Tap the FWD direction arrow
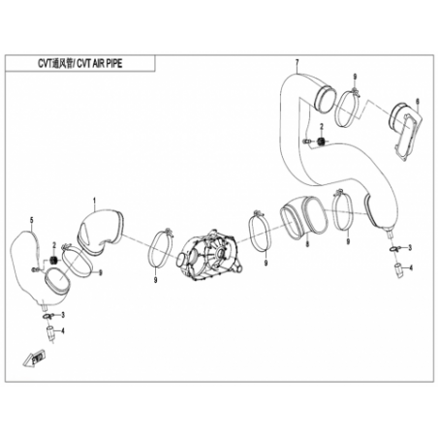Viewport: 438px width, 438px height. (33, 359)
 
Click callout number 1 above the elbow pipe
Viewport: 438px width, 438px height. (94, 202)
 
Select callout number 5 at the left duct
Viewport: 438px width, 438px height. (32, 220)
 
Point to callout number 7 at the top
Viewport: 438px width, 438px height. (297, 62)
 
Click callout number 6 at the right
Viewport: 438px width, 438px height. (418, 102)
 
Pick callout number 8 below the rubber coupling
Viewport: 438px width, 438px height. (307, 244)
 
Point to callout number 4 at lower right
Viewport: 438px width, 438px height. (411, 267)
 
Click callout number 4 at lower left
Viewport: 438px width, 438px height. (63, 331)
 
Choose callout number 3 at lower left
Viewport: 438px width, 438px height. (63, 314)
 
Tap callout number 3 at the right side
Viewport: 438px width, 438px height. (410, 248)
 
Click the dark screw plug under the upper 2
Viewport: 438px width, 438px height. (321, 141)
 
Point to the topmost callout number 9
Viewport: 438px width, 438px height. (355, 78)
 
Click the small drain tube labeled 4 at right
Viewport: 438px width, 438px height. (398, 270)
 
